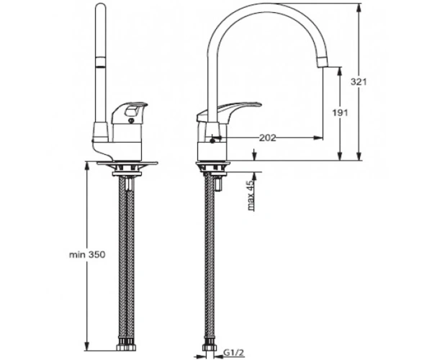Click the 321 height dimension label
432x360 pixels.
[x=359, y=82]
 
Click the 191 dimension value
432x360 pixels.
[x=340, y=113]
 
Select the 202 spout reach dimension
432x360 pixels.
[x=268, y=138]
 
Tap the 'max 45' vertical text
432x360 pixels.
[x=251, y=196]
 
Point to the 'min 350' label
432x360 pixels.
[x=87, y=254]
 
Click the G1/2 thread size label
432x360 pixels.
[x=233, y=352]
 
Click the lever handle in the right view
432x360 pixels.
[x=228, y=113]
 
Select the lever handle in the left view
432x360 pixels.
[x=129, y=113]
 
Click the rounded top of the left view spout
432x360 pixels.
[x=100, y=7]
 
